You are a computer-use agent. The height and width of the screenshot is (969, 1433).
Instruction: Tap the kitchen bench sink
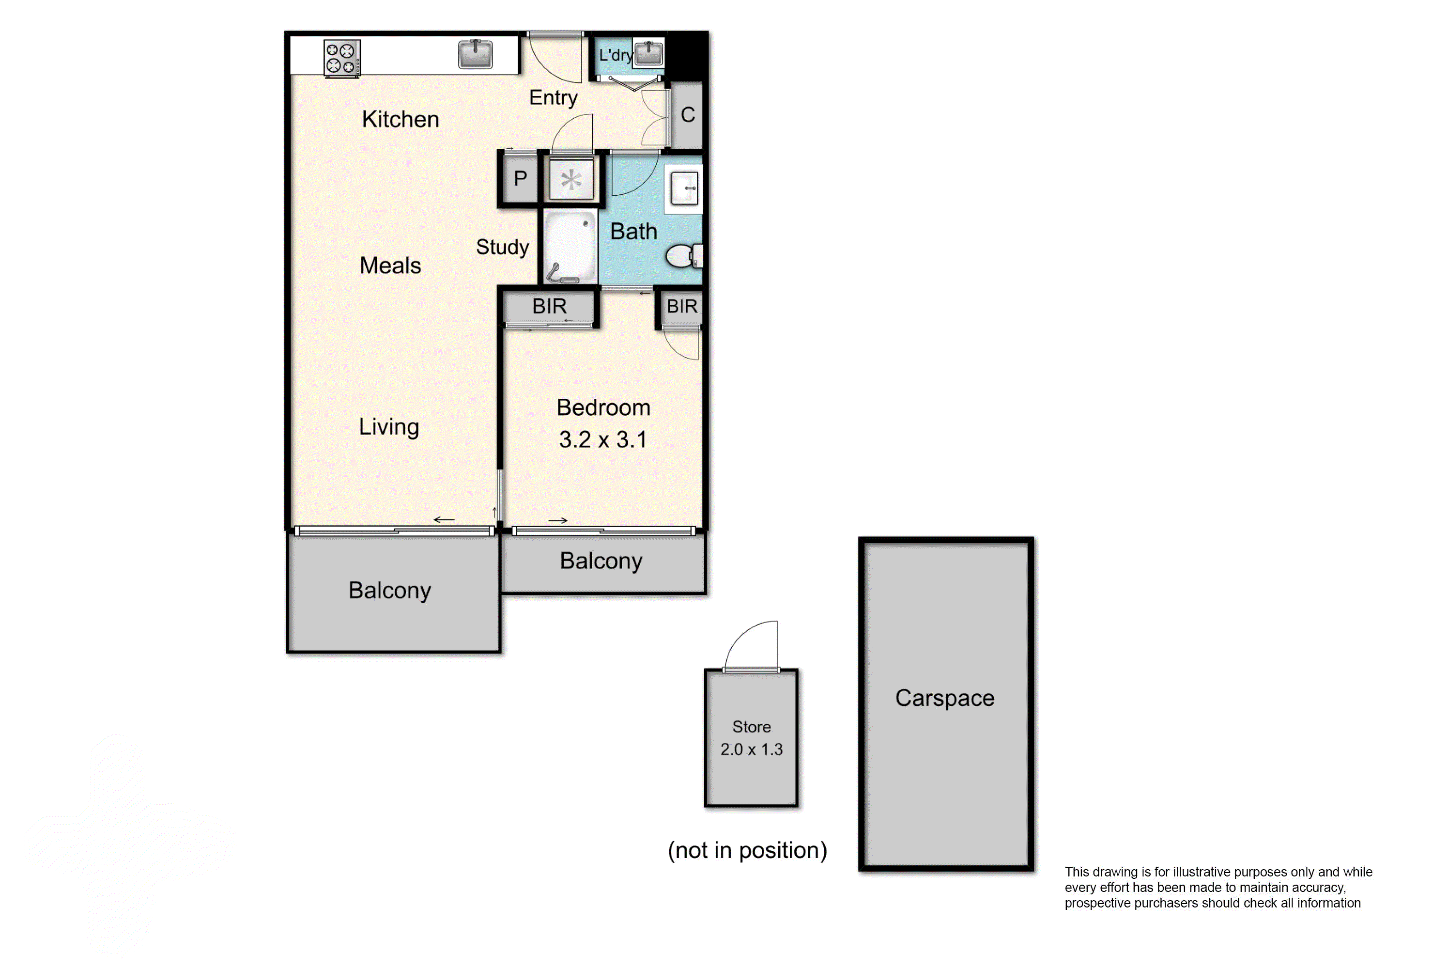pos(476,54)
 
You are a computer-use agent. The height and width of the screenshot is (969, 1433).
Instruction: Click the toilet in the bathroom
pos(682,256)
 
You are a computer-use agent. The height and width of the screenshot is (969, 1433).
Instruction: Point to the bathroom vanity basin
pos(684,188)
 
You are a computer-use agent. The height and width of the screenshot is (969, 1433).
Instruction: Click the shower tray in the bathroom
pos(571,247)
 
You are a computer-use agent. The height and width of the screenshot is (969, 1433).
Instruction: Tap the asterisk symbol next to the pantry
pos(571,180)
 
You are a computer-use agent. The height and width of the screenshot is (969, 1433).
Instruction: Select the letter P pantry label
pos(521,179)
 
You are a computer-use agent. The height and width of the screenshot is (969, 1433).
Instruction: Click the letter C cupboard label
pos(688,115)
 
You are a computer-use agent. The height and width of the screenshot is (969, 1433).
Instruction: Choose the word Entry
pos(553,97)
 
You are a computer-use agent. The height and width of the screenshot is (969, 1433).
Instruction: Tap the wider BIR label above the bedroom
pos(549,307)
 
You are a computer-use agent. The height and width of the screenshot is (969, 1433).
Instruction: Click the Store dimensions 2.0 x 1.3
pos(751,750)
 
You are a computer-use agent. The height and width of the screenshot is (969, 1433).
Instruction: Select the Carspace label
pos(945,698)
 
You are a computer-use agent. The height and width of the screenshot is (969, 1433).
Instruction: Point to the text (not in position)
pos(747,850)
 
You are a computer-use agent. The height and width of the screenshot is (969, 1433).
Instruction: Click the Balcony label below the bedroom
pos(601,561)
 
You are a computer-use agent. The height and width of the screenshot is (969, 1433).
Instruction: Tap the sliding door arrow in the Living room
pos(444,520)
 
